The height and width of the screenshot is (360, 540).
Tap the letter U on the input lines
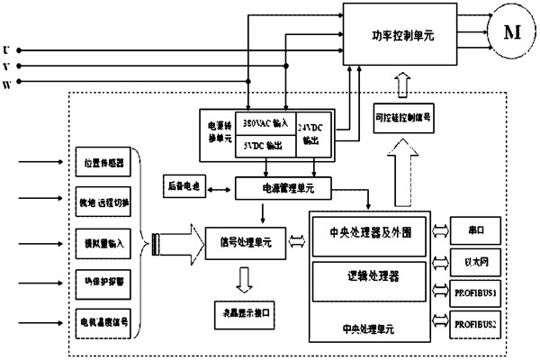click(x=8, y=49)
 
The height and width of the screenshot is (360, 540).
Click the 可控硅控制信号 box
click(x=402, y=117)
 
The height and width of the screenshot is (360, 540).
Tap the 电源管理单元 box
click(x=283, y=188)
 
